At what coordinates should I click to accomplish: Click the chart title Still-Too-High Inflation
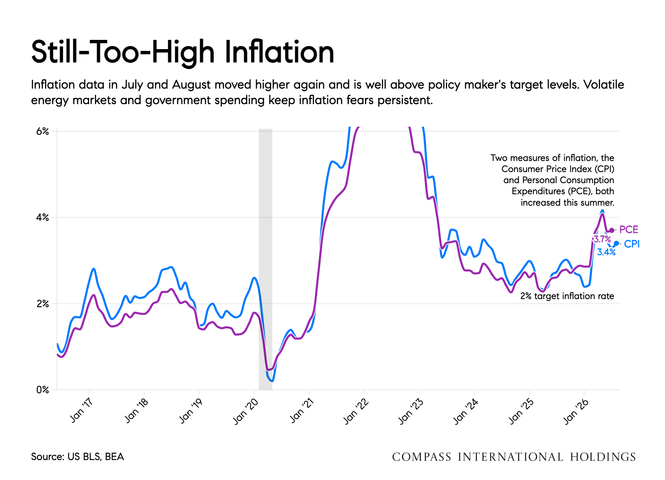click(183, 52)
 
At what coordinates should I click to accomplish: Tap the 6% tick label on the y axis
click(42, 131)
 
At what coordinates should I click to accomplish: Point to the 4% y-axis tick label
click(42, 217)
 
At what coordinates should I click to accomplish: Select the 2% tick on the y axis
click(42, 304)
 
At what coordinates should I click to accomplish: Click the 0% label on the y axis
click(42, 390)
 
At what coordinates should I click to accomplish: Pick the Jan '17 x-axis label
click(81, 409)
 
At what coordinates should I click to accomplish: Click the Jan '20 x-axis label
click(246, 411)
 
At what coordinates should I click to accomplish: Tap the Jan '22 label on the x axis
click(356, 411)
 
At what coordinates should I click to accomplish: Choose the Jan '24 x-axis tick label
click(466, 411)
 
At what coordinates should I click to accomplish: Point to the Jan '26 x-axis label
click(576, 411)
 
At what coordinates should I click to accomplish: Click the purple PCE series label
click(629, 230)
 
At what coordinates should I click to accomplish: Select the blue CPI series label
click(632, 244)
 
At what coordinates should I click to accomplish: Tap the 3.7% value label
click(602, 239)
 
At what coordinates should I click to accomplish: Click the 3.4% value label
click(606, 252)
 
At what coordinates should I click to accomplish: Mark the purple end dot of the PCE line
click(612, 230)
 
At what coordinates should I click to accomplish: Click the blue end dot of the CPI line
click(616, 244)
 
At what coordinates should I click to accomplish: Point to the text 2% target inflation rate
click(567, 296)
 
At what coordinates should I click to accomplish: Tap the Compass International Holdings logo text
click(514, 457)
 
